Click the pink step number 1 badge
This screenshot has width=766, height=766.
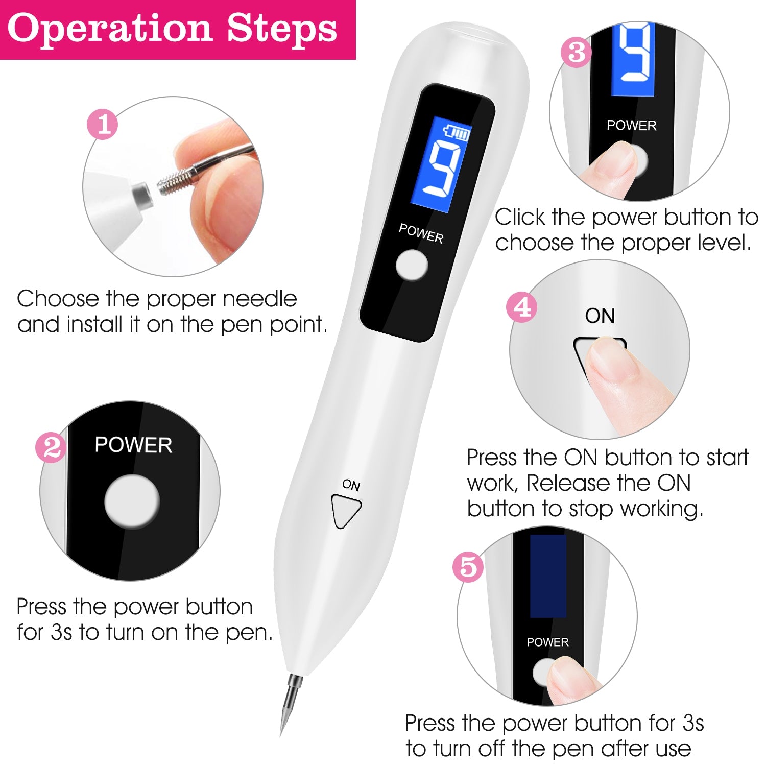pyautogui.click(x=103, y=124)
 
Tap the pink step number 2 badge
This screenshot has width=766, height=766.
pyautogui.click(x=51, y=448)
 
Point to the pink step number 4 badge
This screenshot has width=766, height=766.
pyautogui.click(x=521, y=307)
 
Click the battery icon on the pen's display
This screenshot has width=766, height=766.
pyautogui.click(x=457, y=132)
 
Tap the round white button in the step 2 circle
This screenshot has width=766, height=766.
pyautogui.click(x=132, y=501)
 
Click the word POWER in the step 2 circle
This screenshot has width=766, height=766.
pyautogui.click(x=133, y=445)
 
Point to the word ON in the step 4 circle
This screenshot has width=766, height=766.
pyautogui.click(x=600, y=316)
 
